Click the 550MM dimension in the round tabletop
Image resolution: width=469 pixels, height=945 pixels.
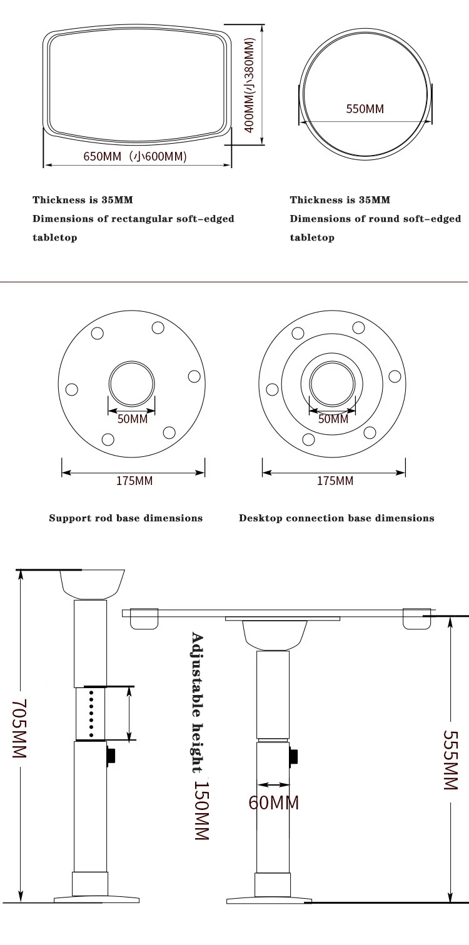click(365, 109)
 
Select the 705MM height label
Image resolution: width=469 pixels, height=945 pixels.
click(19, 728)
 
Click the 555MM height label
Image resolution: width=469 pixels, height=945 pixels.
click(450, 760)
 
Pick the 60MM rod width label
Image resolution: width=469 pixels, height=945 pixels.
click(273, 803)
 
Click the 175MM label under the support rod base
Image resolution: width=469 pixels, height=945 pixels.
click(134, 481)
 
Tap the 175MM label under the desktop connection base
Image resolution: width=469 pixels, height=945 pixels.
click(335, 481)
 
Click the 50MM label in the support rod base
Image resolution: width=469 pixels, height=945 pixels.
click(133, 419)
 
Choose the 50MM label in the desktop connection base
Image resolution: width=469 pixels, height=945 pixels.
click(333, 419)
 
